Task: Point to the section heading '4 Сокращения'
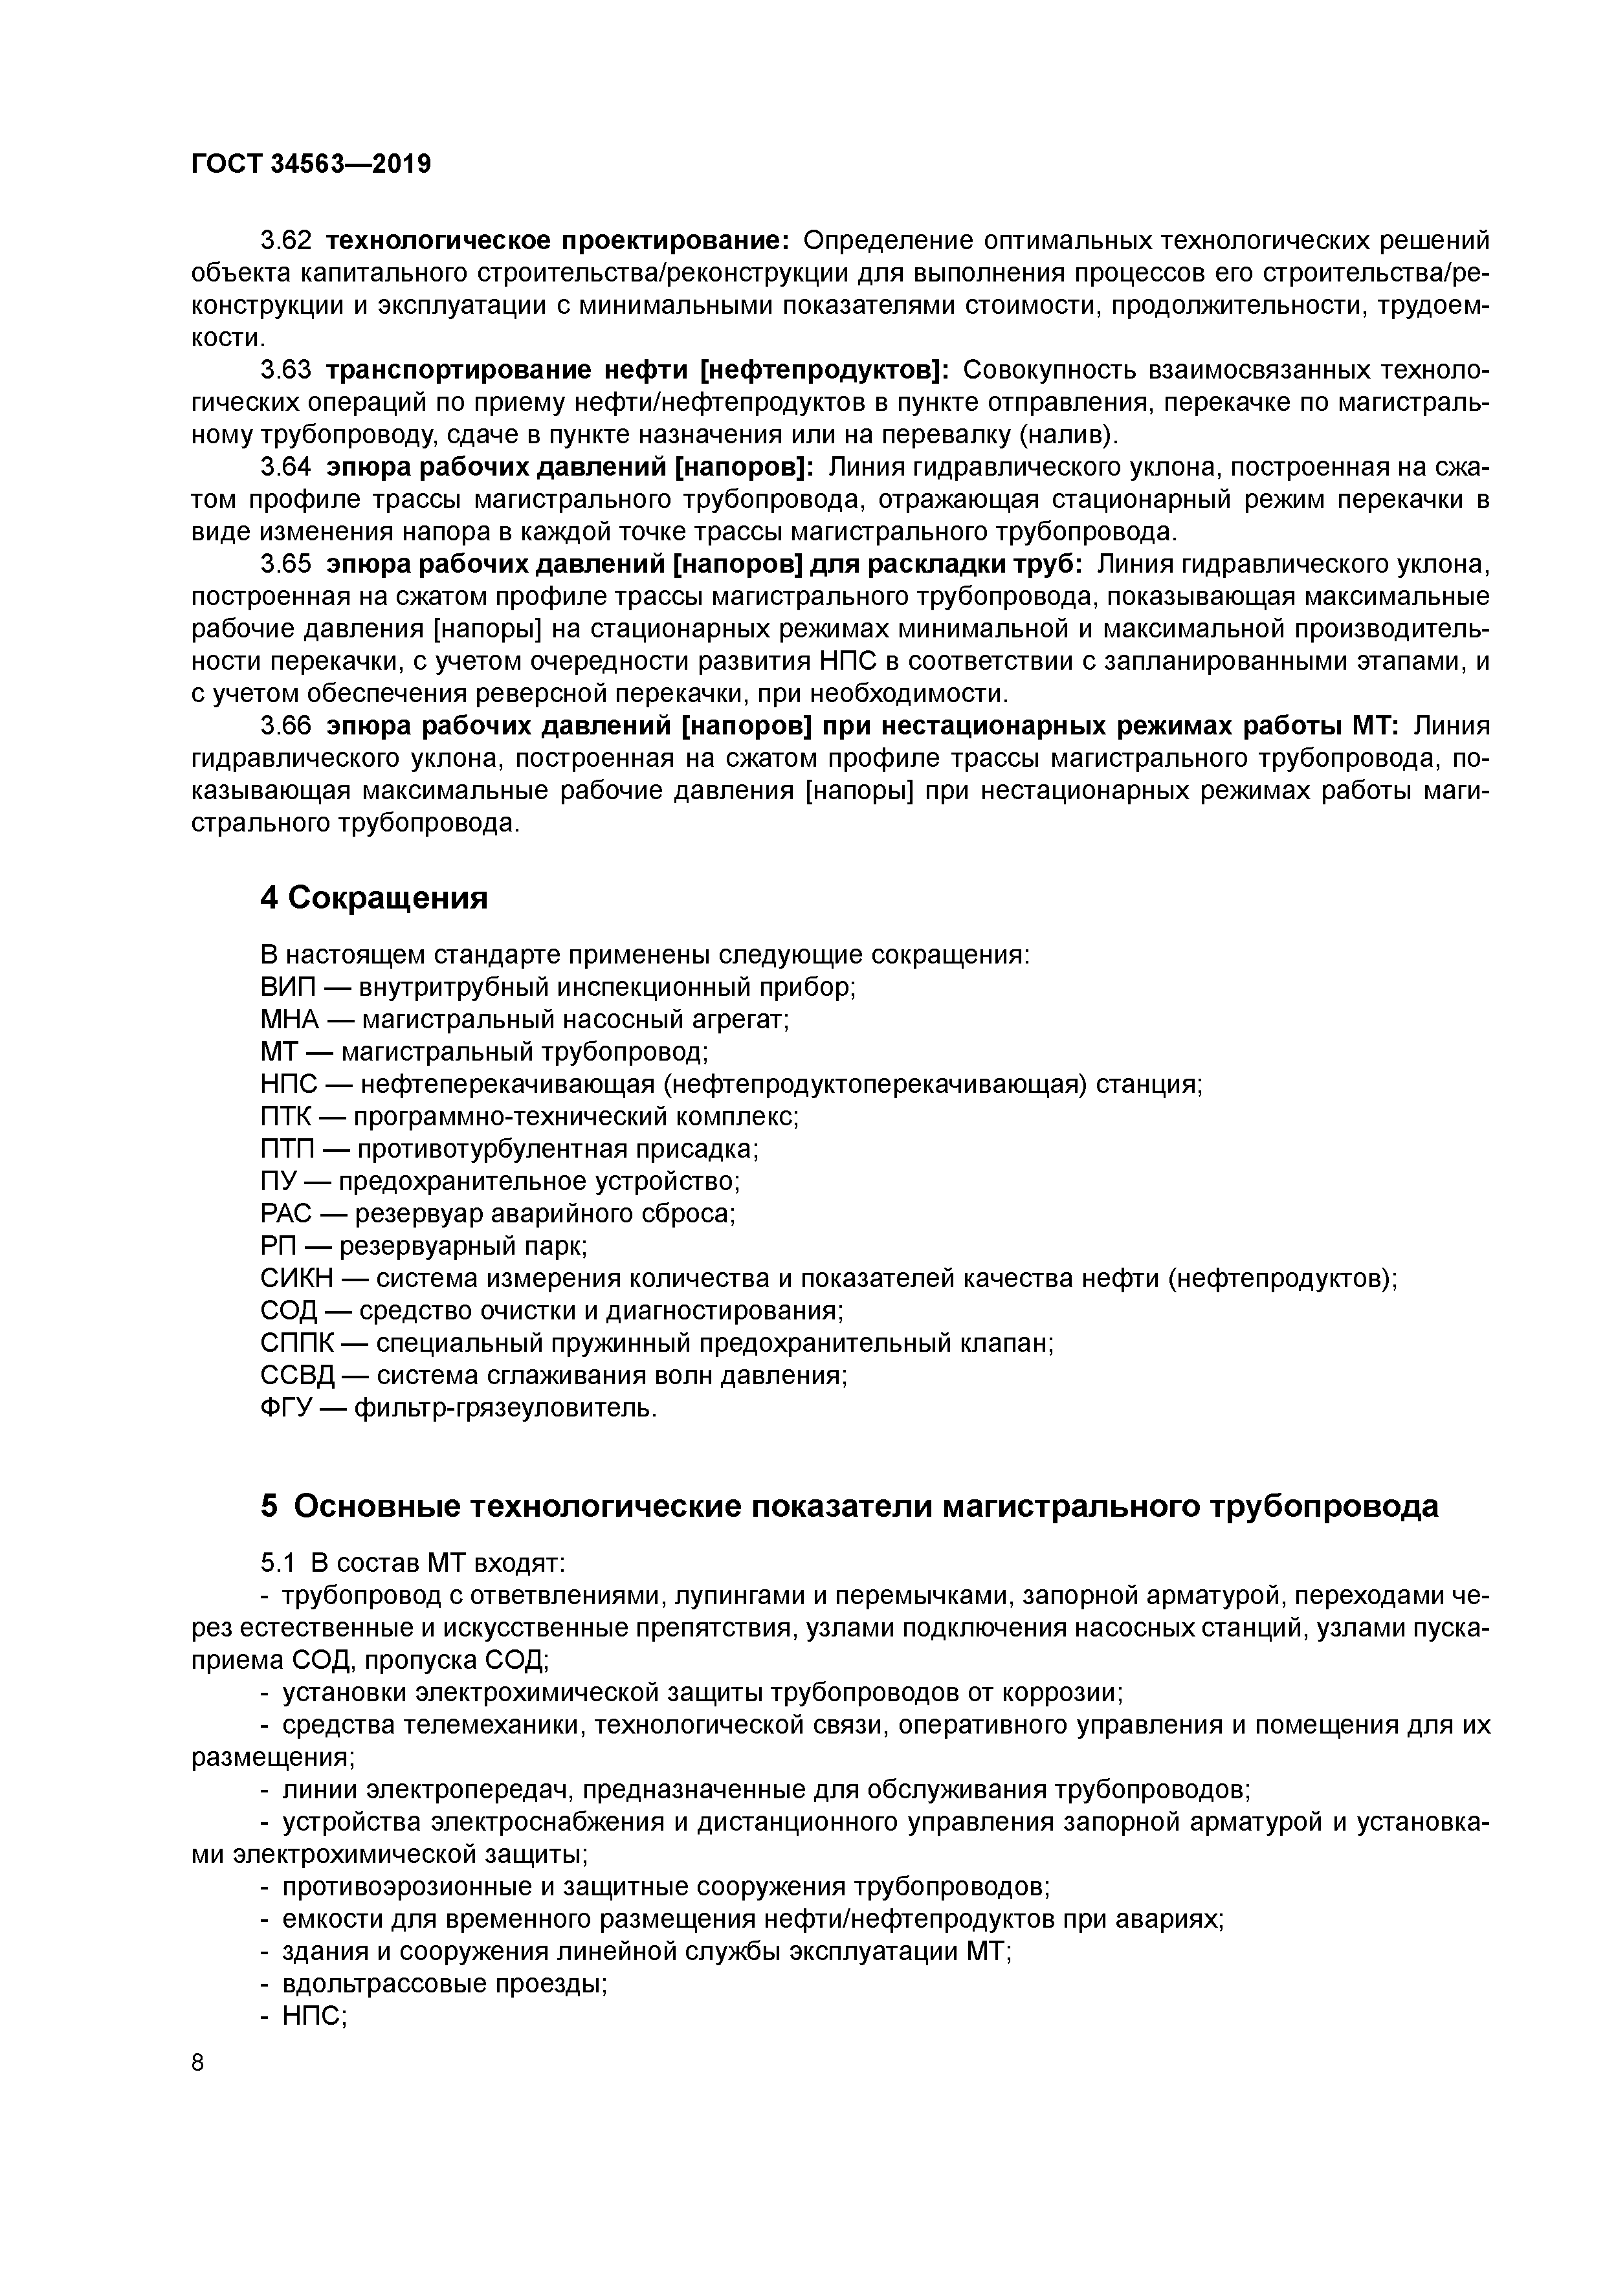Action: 374,898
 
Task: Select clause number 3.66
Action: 285,727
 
